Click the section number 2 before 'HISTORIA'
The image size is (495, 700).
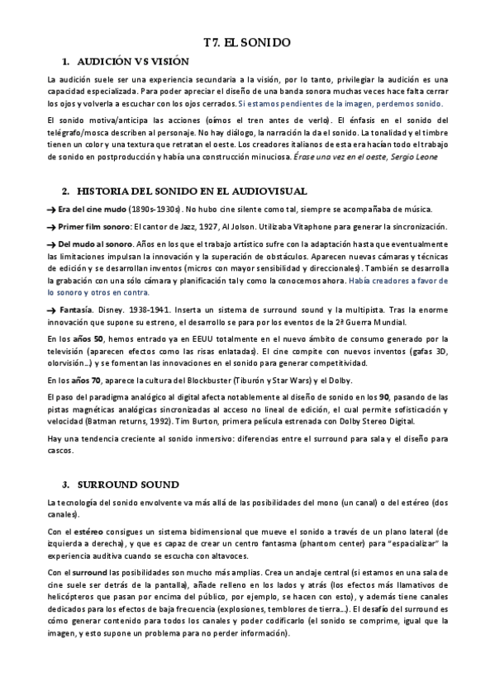[x=65, y=191]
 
